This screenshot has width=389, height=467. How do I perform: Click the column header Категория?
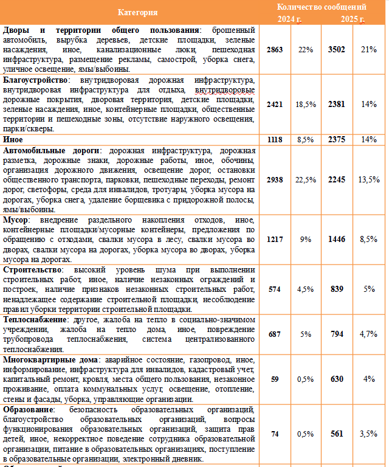(x=138, y=12)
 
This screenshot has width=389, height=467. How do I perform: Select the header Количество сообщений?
(x=322, y=7)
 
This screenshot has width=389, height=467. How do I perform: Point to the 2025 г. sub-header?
(x=353, y=19)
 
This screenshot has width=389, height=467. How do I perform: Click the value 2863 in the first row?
(x=275, y=49)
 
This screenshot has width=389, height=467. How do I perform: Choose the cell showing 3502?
(x=336, y=49)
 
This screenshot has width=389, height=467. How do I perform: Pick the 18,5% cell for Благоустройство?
(x=306, y=104)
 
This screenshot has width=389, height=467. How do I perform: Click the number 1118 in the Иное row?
(x=275, y=139)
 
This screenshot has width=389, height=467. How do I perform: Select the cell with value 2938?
(x=275, y=179)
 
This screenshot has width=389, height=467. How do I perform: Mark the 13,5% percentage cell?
(x=368, y=179)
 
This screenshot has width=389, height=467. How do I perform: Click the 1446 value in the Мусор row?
(x=336, y=240)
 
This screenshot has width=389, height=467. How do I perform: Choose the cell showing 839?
(x=336, y=289)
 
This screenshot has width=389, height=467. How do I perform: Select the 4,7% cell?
(x=368, y=334)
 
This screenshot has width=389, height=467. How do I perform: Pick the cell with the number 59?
(x=275, y=379)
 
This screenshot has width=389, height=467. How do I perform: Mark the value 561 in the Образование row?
(x=336, y=434)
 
